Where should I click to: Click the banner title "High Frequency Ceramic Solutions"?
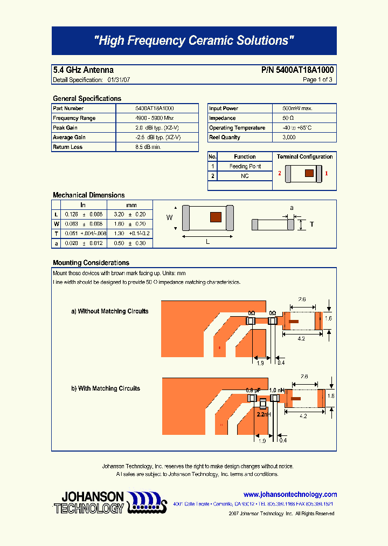click(194, 40)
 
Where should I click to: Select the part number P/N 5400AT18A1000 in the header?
click(297, 70)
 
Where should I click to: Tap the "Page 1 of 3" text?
click(317, 80)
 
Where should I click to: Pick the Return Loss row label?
click(67, 147)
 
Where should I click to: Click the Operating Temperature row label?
click(237, 128)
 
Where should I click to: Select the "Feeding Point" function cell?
click(245, 167)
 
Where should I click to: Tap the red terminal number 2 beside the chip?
click(280, 174)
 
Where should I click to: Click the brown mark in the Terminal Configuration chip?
click(309, 173)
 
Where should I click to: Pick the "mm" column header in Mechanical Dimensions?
click(131, 205)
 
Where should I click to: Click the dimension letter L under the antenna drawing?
click(207, 242)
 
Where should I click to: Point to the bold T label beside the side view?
click(311, 224)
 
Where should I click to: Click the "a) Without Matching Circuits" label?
click(110, 311)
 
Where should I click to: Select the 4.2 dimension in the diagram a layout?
click(302, 338)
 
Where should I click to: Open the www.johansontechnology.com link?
click(290, 494)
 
